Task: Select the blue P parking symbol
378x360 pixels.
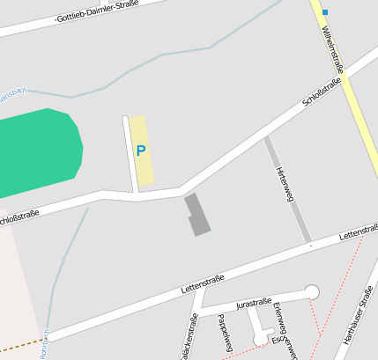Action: coord(140,151)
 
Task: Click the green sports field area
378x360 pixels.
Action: coord(40,154)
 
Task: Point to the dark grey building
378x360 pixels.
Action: coord(198,214)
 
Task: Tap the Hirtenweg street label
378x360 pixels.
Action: coord(284,183)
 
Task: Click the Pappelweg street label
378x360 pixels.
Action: coord(224,332)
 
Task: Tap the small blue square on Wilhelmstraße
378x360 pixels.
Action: coord(324,12)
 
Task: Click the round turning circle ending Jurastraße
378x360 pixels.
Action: coord(311,291)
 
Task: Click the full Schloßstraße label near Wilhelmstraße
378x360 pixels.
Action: coord(322,92)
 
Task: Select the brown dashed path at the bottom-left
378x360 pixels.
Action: coord(21,342)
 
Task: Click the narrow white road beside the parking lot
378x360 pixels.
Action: coord(129,153)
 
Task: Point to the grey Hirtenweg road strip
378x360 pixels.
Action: coord(288,189)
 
